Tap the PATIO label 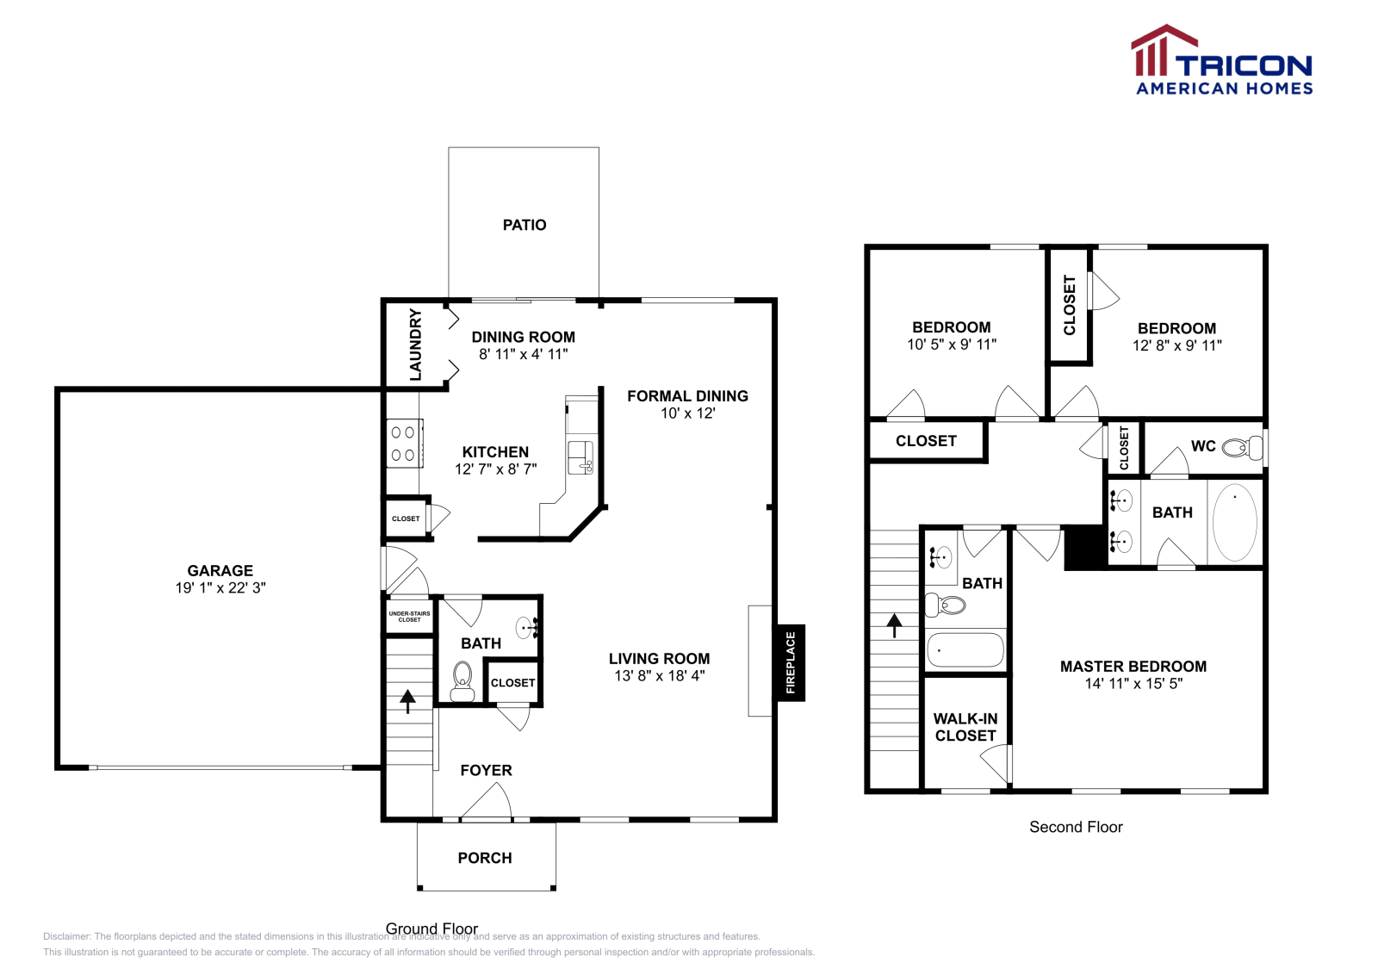click(525, 225)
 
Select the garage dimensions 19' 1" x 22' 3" click(220, 587)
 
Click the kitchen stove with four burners click(403, 444)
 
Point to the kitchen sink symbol click(580, 456)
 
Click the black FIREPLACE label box click(791, 662)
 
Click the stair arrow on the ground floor click(407, 700)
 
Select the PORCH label click(485, 858)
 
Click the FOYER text click(486, 770)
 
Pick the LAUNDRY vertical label click(415, 345)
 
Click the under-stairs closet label click(409, 617)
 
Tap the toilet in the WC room click(1241, 447)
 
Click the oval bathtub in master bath click(1234, 522)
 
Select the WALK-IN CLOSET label click(965, 727)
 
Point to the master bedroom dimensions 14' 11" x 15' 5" click(1133, 684)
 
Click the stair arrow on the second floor click(895, 624)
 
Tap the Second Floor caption click(1076, 827)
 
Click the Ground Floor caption click(431, 928)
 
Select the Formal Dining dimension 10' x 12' click(687, 413)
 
